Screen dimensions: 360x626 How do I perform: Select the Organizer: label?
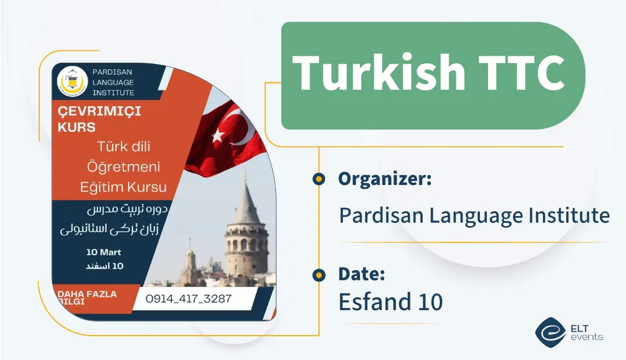click(384, 179)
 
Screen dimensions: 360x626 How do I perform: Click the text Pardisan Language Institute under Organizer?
click(474, 215)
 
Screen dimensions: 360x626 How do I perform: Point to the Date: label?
click(361, 274)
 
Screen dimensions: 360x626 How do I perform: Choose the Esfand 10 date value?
click(391, 302)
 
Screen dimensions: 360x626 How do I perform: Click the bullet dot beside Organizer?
click(319, 179)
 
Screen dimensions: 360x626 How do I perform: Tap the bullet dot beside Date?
click(319, 274)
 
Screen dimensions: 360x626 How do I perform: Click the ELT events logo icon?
click(550, 332)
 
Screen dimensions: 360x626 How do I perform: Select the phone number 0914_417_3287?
click(188, 299)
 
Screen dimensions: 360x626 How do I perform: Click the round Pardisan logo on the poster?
click(73, 81)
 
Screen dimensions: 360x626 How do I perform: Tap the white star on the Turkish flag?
click(218, 133)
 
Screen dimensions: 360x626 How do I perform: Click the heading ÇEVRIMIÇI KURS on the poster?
click(100, 119)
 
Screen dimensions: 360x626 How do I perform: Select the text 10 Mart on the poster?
click(104, 252)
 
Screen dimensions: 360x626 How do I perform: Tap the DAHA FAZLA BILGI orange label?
click(88, 298)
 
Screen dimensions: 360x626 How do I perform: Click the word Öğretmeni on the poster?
click(124, 167)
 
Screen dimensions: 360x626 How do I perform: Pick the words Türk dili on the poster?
click(124, 147)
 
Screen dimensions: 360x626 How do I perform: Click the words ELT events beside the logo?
click(586, 332)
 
